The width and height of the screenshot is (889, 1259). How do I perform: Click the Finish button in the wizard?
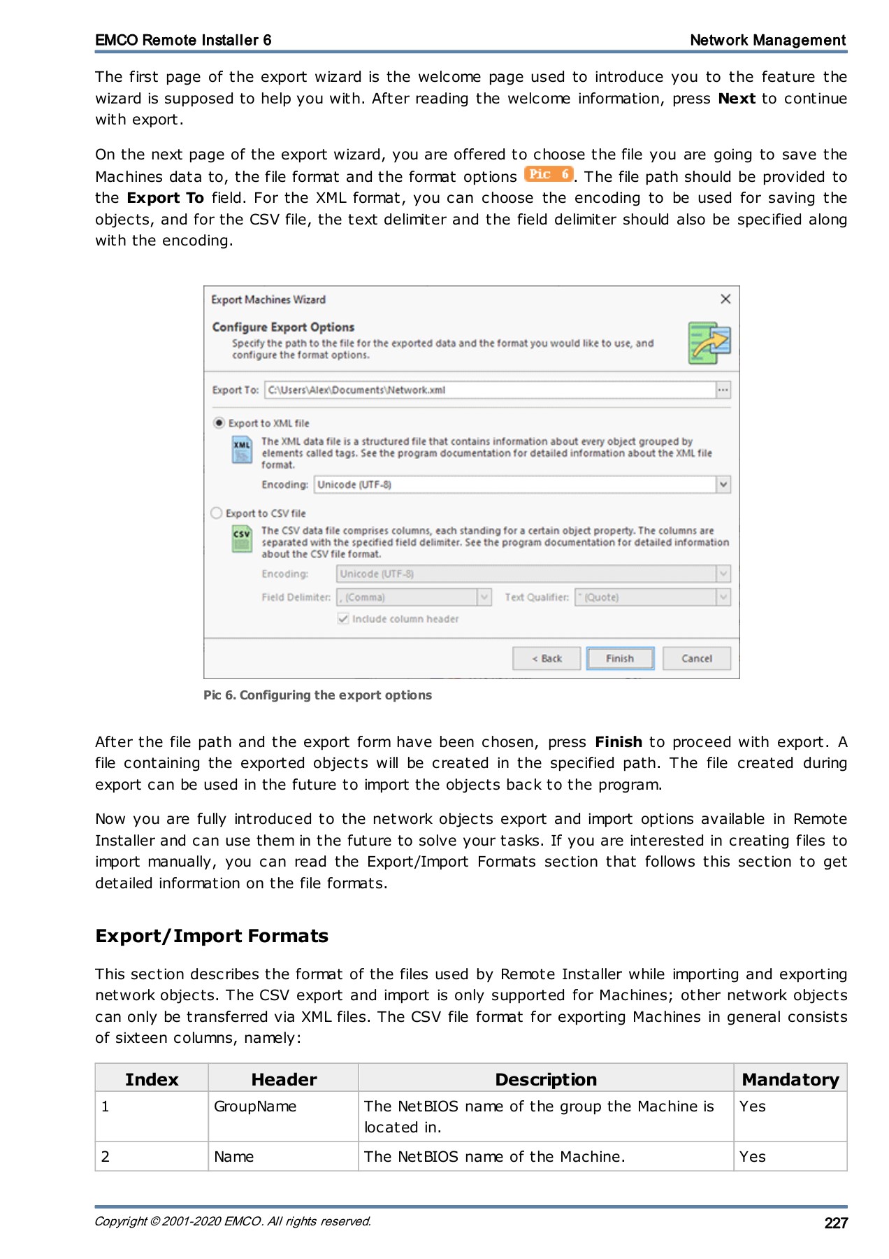(620, 658)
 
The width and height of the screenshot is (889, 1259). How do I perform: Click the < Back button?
(546, 658)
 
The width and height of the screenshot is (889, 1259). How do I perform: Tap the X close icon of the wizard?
(725, 299)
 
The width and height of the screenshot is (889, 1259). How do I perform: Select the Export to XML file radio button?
(219, 422)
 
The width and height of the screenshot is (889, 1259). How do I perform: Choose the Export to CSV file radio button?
(217, 513)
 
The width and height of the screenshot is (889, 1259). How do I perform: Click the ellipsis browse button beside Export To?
(723, 390)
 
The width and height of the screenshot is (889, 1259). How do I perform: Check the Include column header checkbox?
(343, 618)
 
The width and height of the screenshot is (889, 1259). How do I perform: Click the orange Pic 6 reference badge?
(549, 174)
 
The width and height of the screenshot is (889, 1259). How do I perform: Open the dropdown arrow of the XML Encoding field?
(723, 484)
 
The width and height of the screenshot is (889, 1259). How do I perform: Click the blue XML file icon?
(242, 450)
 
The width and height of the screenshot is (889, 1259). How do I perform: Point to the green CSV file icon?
(242, 539)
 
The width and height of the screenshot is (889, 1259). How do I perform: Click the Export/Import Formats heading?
(212, 936)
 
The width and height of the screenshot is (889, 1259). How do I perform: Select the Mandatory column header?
(790, 1079)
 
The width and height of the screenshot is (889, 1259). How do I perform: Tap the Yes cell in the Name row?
(753, 1156)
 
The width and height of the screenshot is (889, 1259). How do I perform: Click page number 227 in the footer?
(835, 1223)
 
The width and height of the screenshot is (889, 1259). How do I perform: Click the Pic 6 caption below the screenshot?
(317, 695)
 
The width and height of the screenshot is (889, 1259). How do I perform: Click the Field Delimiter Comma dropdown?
(414, 597)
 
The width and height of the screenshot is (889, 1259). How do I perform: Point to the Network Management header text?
(767, 40)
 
